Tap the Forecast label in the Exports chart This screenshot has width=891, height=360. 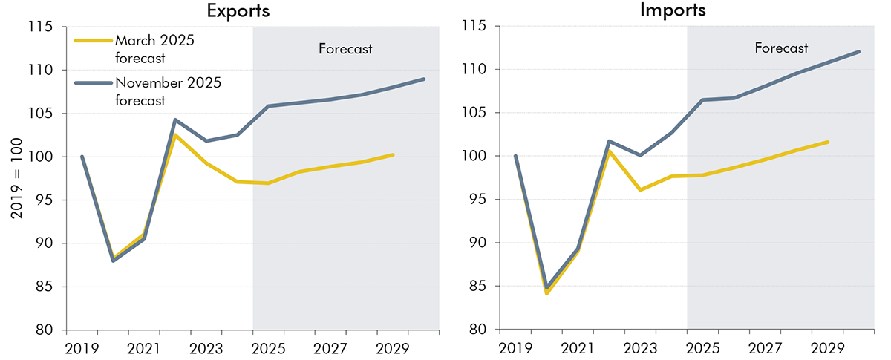pyautogui.click(x=345, y=49)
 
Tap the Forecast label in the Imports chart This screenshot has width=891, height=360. pyautogui.click(x=781, y=48)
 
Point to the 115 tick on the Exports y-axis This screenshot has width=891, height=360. pyautogui.click(x=49, y=27)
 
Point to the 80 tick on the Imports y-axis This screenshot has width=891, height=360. pyautogui.click(x=483, y=330)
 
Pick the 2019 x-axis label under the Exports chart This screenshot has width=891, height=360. pyautogui.click(x=82, y=348)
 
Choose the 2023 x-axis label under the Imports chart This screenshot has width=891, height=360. pyautogui.click(x=640, y=348)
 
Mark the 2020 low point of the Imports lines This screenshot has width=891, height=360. pyautogui.click(x=546, y=290)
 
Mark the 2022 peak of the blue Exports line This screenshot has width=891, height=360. pyautogui.click(x=174, y=120)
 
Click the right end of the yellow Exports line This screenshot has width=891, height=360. pyautogui.click(x=392, y=154)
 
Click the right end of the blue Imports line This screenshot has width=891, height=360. pyautogui.click(x=858, y=52)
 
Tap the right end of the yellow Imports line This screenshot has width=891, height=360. pyautogui.click(x=827, y=142)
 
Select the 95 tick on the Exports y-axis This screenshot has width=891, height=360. pyautogui.click(x=49, y=200)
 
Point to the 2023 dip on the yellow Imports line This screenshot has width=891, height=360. pyautogui.click(x=640, y=190)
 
